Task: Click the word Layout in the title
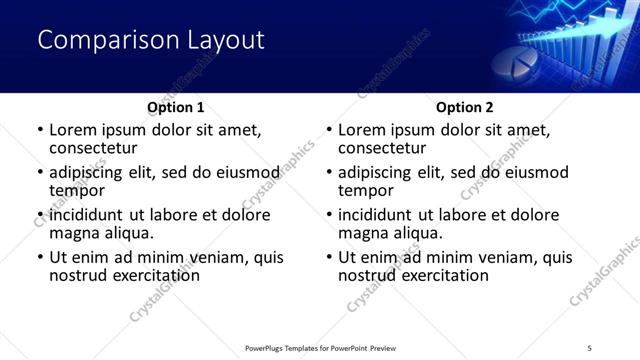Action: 226,41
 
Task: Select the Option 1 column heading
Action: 176,107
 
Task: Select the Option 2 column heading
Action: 465,107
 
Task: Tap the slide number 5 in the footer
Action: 590,347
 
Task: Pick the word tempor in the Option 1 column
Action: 77,191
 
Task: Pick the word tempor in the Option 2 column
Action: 366,191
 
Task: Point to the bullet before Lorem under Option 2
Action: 329,130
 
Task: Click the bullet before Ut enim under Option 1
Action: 40,258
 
